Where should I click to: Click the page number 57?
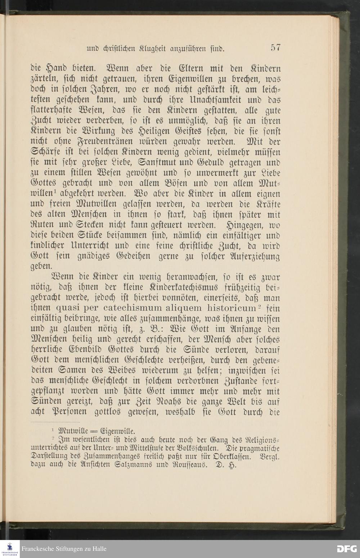[x=276, y=48]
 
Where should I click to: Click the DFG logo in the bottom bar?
[x=346, y=549]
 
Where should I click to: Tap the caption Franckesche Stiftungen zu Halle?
[x=64, y=549]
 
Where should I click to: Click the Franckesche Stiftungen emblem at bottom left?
[x=10, y=549]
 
